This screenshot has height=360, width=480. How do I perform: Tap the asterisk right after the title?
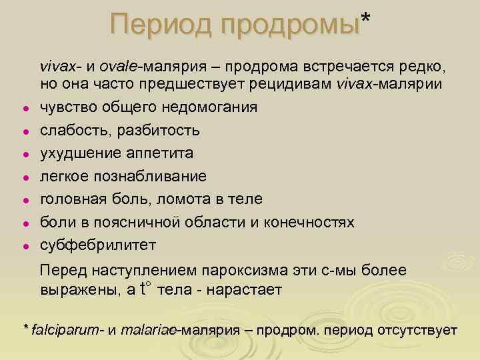(x=364, y=19)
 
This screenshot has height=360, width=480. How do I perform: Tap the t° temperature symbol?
(x=146, y=289)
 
